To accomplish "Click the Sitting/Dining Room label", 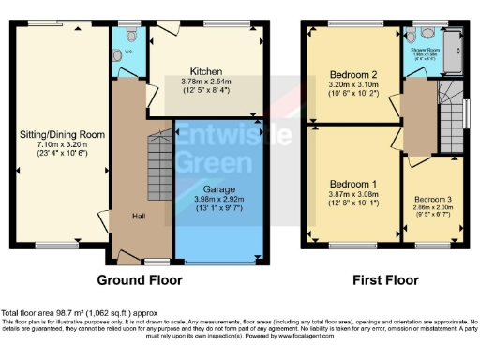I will click(60, 135).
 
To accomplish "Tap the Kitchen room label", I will click(205, 71).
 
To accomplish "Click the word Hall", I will click(138, 216).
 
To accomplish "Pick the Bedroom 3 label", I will click(433, 200).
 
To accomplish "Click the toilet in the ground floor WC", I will click(130, 33).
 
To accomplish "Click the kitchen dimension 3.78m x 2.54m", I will click(205, 82).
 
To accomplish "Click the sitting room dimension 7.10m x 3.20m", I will click(60, 145).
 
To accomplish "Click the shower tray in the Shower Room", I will click(454, 41).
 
